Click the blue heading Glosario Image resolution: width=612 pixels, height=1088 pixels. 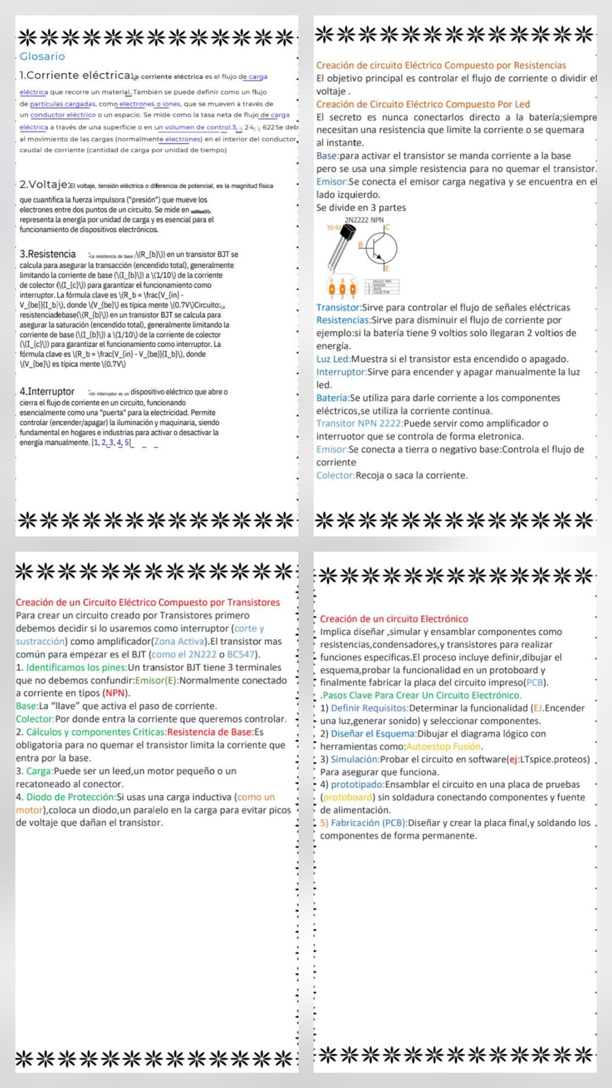(42, 56)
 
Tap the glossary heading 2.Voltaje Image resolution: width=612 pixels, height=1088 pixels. (44, 184)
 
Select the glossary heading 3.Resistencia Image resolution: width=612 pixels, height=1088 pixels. (48, 254)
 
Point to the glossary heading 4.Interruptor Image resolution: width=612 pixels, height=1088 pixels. (47, 392)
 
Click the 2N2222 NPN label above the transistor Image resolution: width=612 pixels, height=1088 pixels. (364, 220)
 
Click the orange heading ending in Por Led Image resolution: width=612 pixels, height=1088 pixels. (423, 104)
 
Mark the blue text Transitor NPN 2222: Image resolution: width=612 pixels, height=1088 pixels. (360, 423)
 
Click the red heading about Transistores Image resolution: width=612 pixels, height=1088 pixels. (148, 602)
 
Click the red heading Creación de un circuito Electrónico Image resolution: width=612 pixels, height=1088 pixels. (394, 619)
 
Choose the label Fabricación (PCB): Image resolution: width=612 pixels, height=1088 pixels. (369, 823)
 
